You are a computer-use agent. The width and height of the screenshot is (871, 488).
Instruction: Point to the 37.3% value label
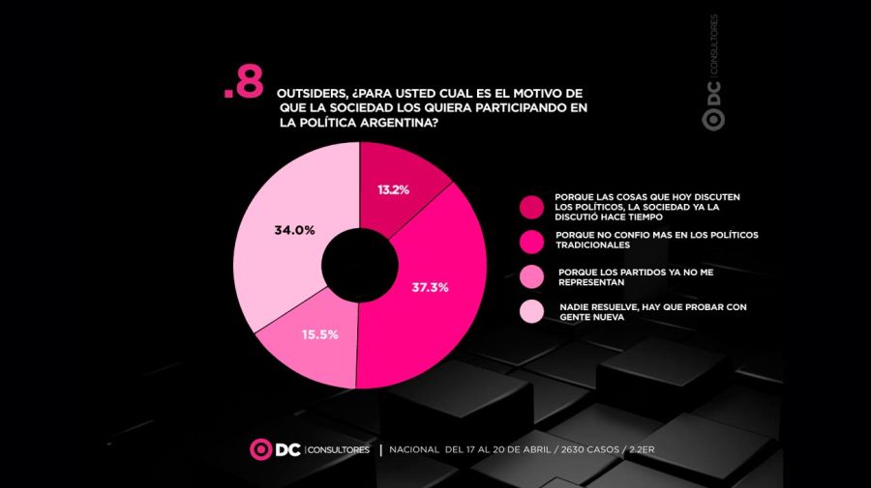(x=430, y=288)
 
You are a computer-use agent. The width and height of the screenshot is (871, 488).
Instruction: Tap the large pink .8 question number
(x=243, y=86)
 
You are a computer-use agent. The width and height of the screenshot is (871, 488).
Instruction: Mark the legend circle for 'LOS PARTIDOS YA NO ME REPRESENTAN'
(x=531, y=276)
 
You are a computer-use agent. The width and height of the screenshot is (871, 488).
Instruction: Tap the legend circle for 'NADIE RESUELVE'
(x=531, y=311)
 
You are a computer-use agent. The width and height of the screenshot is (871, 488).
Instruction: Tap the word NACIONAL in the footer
(x=414, y=450)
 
